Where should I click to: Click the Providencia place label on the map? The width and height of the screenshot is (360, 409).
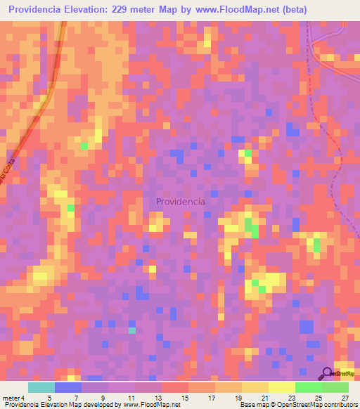(181, 201)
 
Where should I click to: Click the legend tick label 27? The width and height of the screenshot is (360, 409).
(344, 398)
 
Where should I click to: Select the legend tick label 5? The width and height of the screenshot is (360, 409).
(49, 398)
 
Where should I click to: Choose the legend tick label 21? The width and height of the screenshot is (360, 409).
(264, 398)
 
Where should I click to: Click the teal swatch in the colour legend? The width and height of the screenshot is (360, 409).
(41, 387)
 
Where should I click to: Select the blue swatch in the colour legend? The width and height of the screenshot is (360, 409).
(68, 387)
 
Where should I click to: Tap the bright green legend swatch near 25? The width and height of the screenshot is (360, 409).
(309, 387)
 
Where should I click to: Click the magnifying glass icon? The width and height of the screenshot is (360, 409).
(327, 374)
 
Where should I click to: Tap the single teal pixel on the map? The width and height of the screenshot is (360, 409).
(131, 330)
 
